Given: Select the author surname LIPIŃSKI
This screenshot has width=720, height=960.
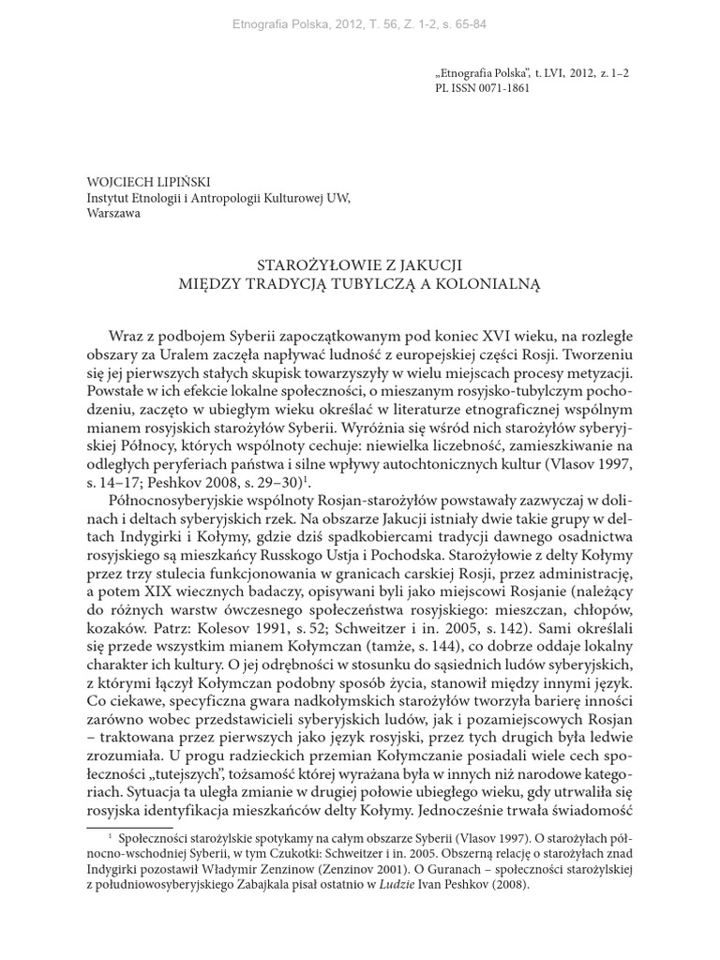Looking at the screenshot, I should (180, 182).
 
